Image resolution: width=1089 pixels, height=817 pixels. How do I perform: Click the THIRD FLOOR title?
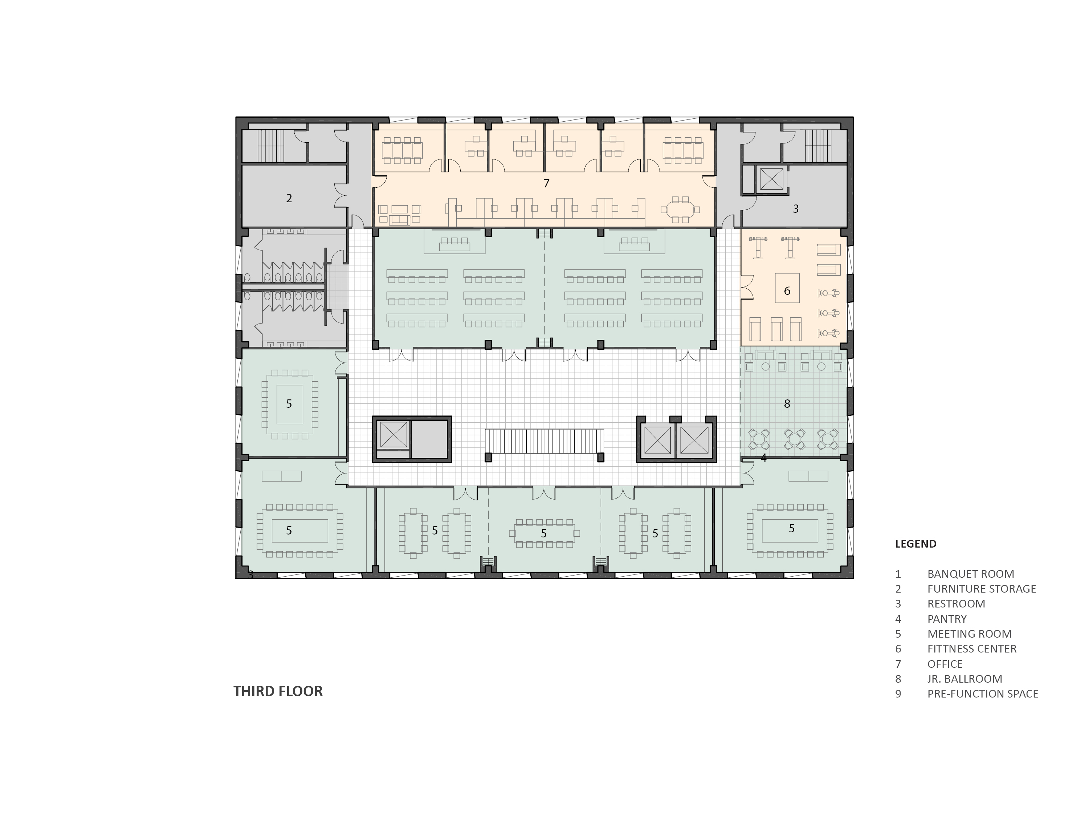(278, 691)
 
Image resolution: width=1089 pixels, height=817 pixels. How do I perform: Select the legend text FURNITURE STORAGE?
(982, 589)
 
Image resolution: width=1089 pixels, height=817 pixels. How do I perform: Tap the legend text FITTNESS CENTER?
(972, 649)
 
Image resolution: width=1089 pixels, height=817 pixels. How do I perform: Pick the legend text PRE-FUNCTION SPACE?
(983, 694)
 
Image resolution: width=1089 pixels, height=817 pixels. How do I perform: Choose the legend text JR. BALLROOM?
(965, 679)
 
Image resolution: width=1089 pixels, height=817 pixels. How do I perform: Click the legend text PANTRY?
(947, 618)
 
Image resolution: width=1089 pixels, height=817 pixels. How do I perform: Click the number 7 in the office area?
(546, 183)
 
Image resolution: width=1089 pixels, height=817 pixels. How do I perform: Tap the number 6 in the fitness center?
(787, 291)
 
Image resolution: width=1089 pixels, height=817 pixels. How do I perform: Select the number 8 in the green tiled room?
(787, 404)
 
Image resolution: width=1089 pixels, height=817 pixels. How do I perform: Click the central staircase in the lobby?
(544, 441)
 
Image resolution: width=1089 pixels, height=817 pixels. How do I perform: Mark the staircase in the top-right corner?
(818, 146)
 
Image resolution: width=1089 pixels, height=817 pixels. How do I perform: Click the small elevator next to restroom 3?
(771, 179)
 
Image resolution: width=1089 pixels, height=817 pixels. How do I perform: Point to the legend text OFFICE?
(945, 664)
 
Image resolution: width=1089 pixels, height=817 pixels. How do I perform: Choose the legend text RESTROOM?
(957, 604)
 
